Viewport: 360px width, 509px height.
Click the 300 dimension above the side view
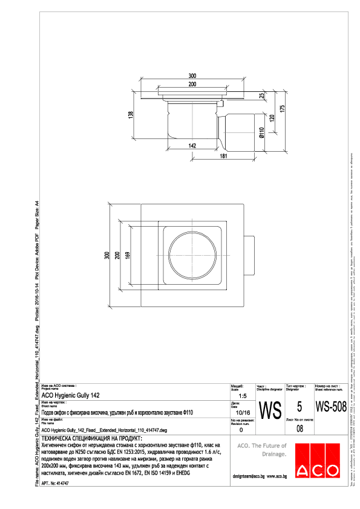click(x=192, y=76)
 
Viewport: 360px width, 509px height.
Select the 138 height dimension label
click(x=130, y=115)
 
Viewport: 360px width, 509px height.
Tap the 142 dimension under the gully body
click(x=192, y=146)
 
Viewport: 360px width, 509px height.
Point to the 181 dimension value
click(x=224, y=157)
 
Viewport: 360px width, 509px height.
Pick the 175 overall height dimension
click(x=283, y=111)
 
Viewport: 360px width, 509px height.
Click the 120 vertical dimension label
click(x=272, y=117)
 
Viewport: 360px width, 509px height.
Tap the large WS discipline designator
click(x=270, y=410)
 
